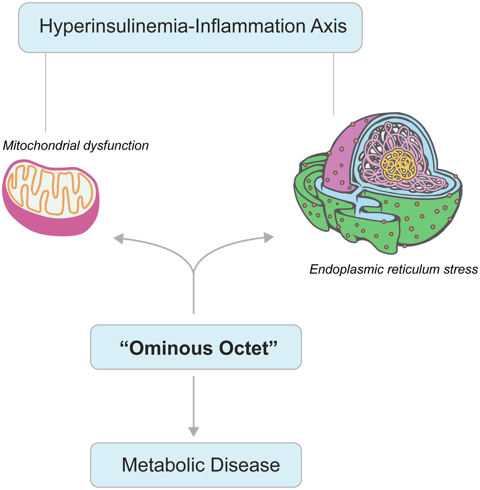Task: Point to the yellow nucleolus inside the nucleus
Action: pyautogui.click(x=398, y=164)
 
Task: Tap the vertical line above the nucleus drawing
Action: pyautogui.click(x=334, y=85)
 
